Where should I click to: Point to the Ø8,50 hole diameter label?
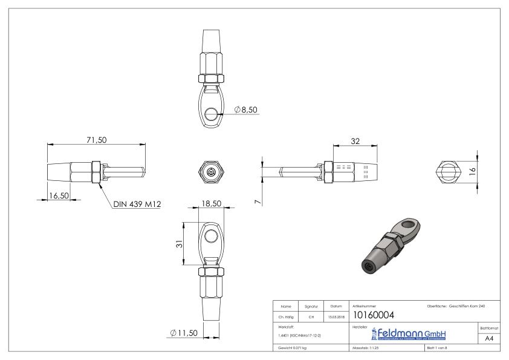pyautogui.click(x=244, y=110)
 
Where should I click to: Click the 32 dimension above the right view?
pyautogui.click(x=356, y=140)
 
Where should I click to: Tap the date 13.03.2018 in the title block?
pyautogui.click(x=337, y=315)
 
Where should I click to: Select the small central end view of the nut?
pyautogui.click(x=210, y=172)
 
